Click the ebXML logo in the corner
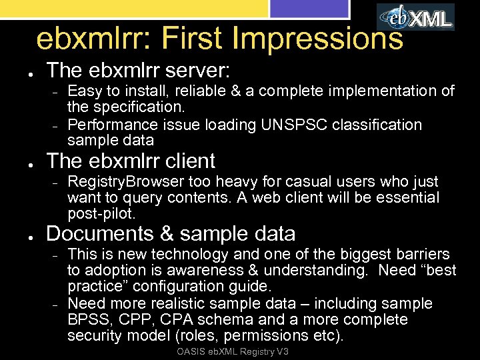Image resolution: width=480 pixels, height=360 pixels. click(415, 17)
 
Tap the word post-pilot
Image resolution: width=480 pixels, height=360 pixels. click(101, 213)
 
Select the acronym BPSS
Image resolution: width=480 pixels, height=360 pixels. click(85, 319)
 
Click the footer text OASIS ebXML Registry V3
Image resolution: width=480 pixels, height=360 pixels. click(233, 352)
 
